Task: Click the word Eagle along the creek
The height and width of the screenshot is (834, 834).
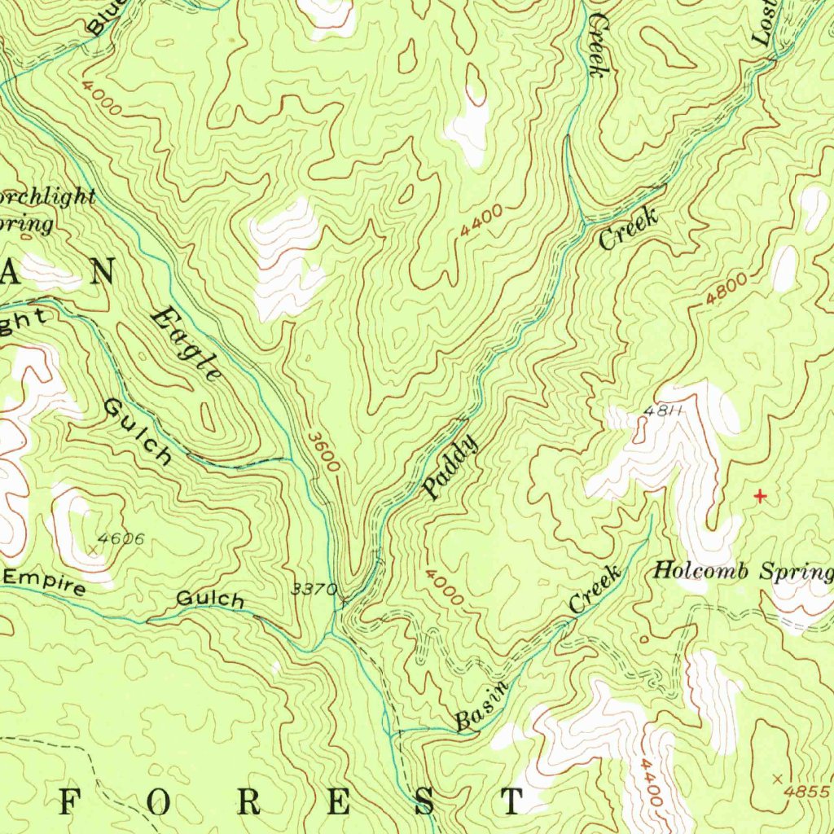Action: click(x=187, y=343)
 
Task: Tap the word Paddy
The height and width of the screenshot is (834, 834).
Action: click(x=450, y=467)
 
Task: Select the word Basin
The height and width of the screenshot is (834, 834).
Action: click(x=481, y=701)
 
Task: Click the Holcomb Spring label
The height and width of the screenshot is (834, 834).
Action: click(x=743, y=572)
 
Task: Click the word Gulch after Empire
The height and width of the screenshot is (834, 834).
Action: click(x=210, y=600)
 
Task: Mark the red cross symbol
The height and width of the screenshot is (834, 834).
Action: click(x=760, y=495)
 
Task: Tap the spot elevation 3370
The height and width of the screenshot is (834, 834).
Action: click(x=314, y=589)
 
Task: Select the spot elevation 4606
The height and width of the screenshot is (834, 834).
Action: click(x=121, y=538)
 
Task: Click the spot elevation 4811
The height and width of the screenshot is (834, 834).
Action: click(x=661, y=410)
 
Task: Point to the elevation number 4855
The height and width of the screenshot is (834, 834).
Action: click(x=806, y=791)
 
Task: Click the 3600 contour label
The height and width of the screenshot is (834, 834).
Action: click(x=323, y=450)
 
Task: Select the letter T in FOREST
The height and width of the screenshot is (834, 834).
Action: click(x=511, y=802)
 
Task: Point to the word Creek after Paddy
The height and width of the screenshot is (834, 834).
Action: click(x=628, y=229)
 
